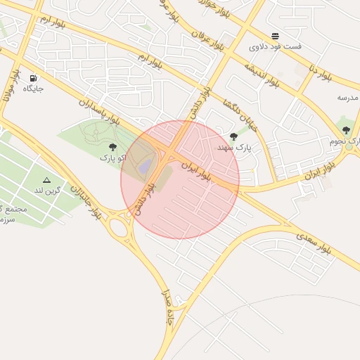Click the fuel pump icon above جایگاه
coord(33,78)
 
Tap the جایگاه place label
coord(33,89)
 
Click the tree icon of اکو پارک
coord(112,147)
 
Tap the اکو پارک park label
coord(112,157)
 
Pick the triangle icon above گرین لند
coord(47,180)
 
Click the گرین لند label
coord(49,191)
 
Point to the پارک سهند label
coord(233,148)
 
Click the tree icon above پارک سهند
coord(233,136)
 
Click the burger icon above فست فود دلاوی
coord(275,36)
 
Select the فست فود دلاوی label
coord(275,46)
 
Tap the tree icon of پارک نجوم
coord(346,129)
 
